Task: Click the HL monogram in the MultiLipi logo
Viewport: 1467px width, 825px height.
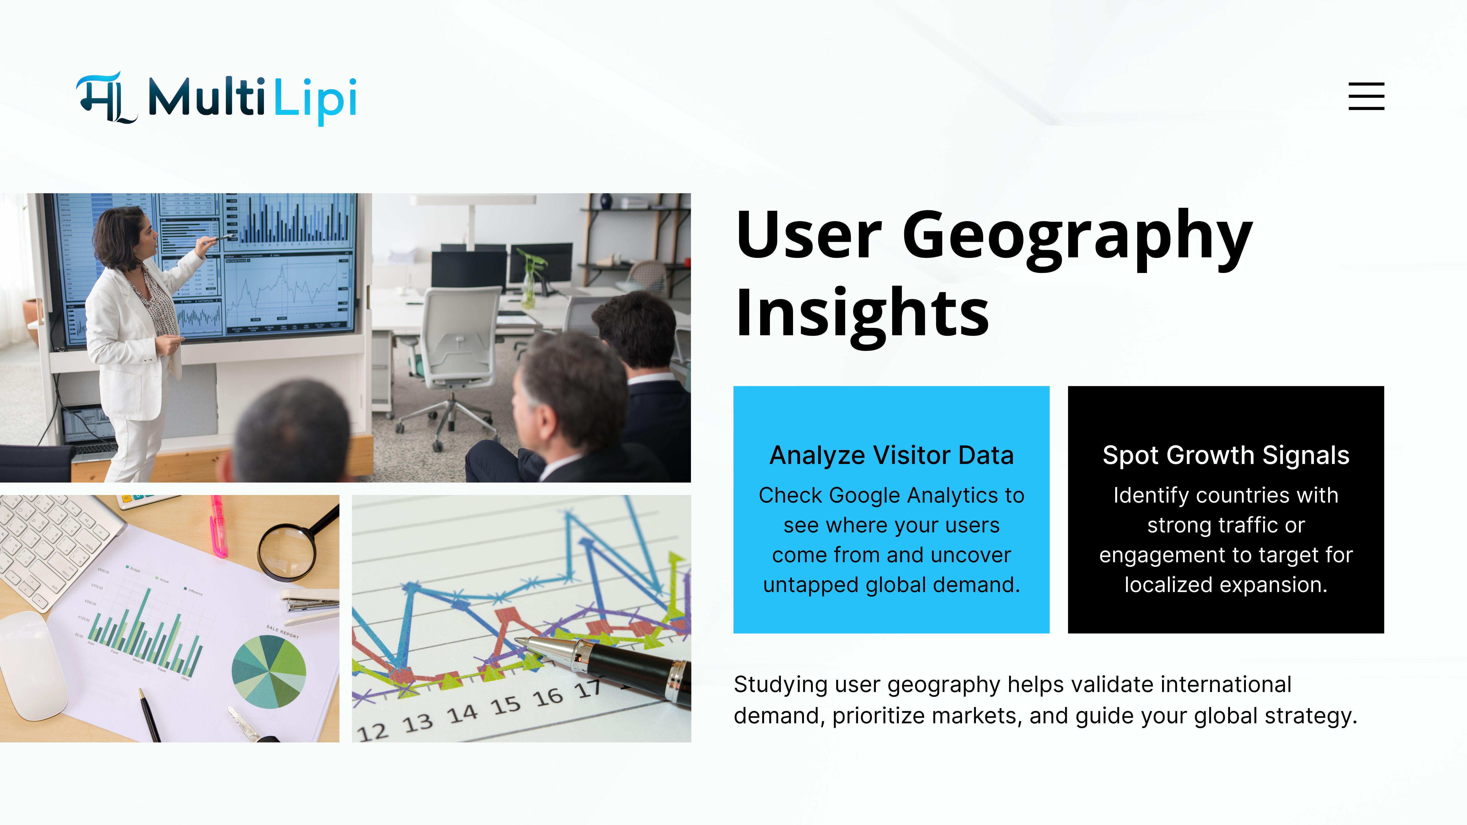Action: [x=106, y=98]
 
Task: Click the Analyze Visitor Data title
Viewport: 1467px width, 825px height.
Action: [x=891, y=455]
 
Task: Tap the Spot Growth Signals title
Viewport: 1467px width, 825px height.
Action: [x=1225, y=455]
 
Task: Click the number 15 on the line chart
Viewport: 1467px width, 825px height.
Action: [x=506, y=706]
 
